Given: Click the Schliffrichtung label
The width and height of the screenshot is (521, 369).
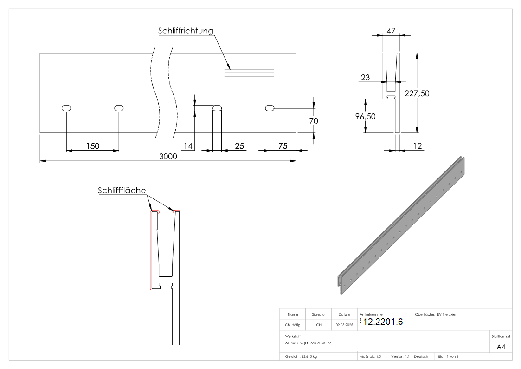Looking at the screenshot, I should (186, 31).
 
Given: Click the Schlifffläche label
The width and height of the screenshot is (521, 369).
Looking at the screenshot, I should (122, 191).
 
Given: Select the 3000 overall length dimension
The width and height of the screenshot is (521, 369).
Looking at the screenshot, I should (168, 157).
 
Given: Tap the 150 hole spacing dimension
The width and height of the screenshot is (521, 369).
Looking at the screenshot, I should (93, 146).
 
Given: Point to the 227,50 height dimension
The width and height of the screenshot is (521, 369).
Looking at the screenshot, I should (417, 93).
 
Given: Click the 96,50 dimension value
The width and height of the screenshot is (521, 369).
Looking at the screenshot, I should (365, 116).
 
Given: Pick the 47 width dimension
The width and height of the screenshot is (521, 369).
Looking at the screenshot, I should (391, 31).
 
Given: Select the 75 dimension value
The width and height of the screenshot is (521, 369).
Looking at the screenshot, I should (282, 146).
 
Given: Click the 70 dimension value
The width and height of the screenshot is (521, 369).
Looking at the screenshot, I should (313, 120).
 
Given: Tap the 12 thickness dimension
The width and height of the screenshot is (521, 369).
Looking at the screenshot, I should (418, 146).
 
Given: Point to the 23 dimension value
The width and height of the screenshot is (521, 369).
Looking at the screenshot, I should (365, 78).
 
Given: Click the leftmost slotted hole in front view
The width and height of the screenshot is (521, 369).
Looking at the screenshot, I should (66, 108).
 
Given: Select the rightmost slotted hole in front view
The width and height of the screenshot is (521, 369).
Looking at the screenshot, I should (270, 108).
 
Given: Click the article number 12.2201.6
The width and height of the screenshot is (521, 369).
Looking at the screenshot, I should (383, 322).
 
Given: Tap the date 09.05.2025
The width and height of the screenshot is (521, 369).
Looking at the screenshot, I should (344, 325).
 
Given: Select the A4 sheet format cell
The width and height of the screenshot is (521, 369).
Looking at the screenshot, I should (501, 347).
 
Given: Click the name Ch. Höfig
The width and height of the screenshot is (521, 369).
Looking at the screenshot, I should (293, 325).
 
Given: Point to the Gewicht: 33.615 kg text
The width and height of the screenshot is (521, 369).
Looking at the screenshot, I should (301, 356).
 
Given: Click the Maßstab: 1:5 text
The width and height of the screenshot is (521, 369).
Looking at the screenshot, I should (370, 356).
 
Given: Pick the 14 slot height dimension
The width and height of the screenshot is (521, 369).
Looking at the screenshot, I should (188, 146).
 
